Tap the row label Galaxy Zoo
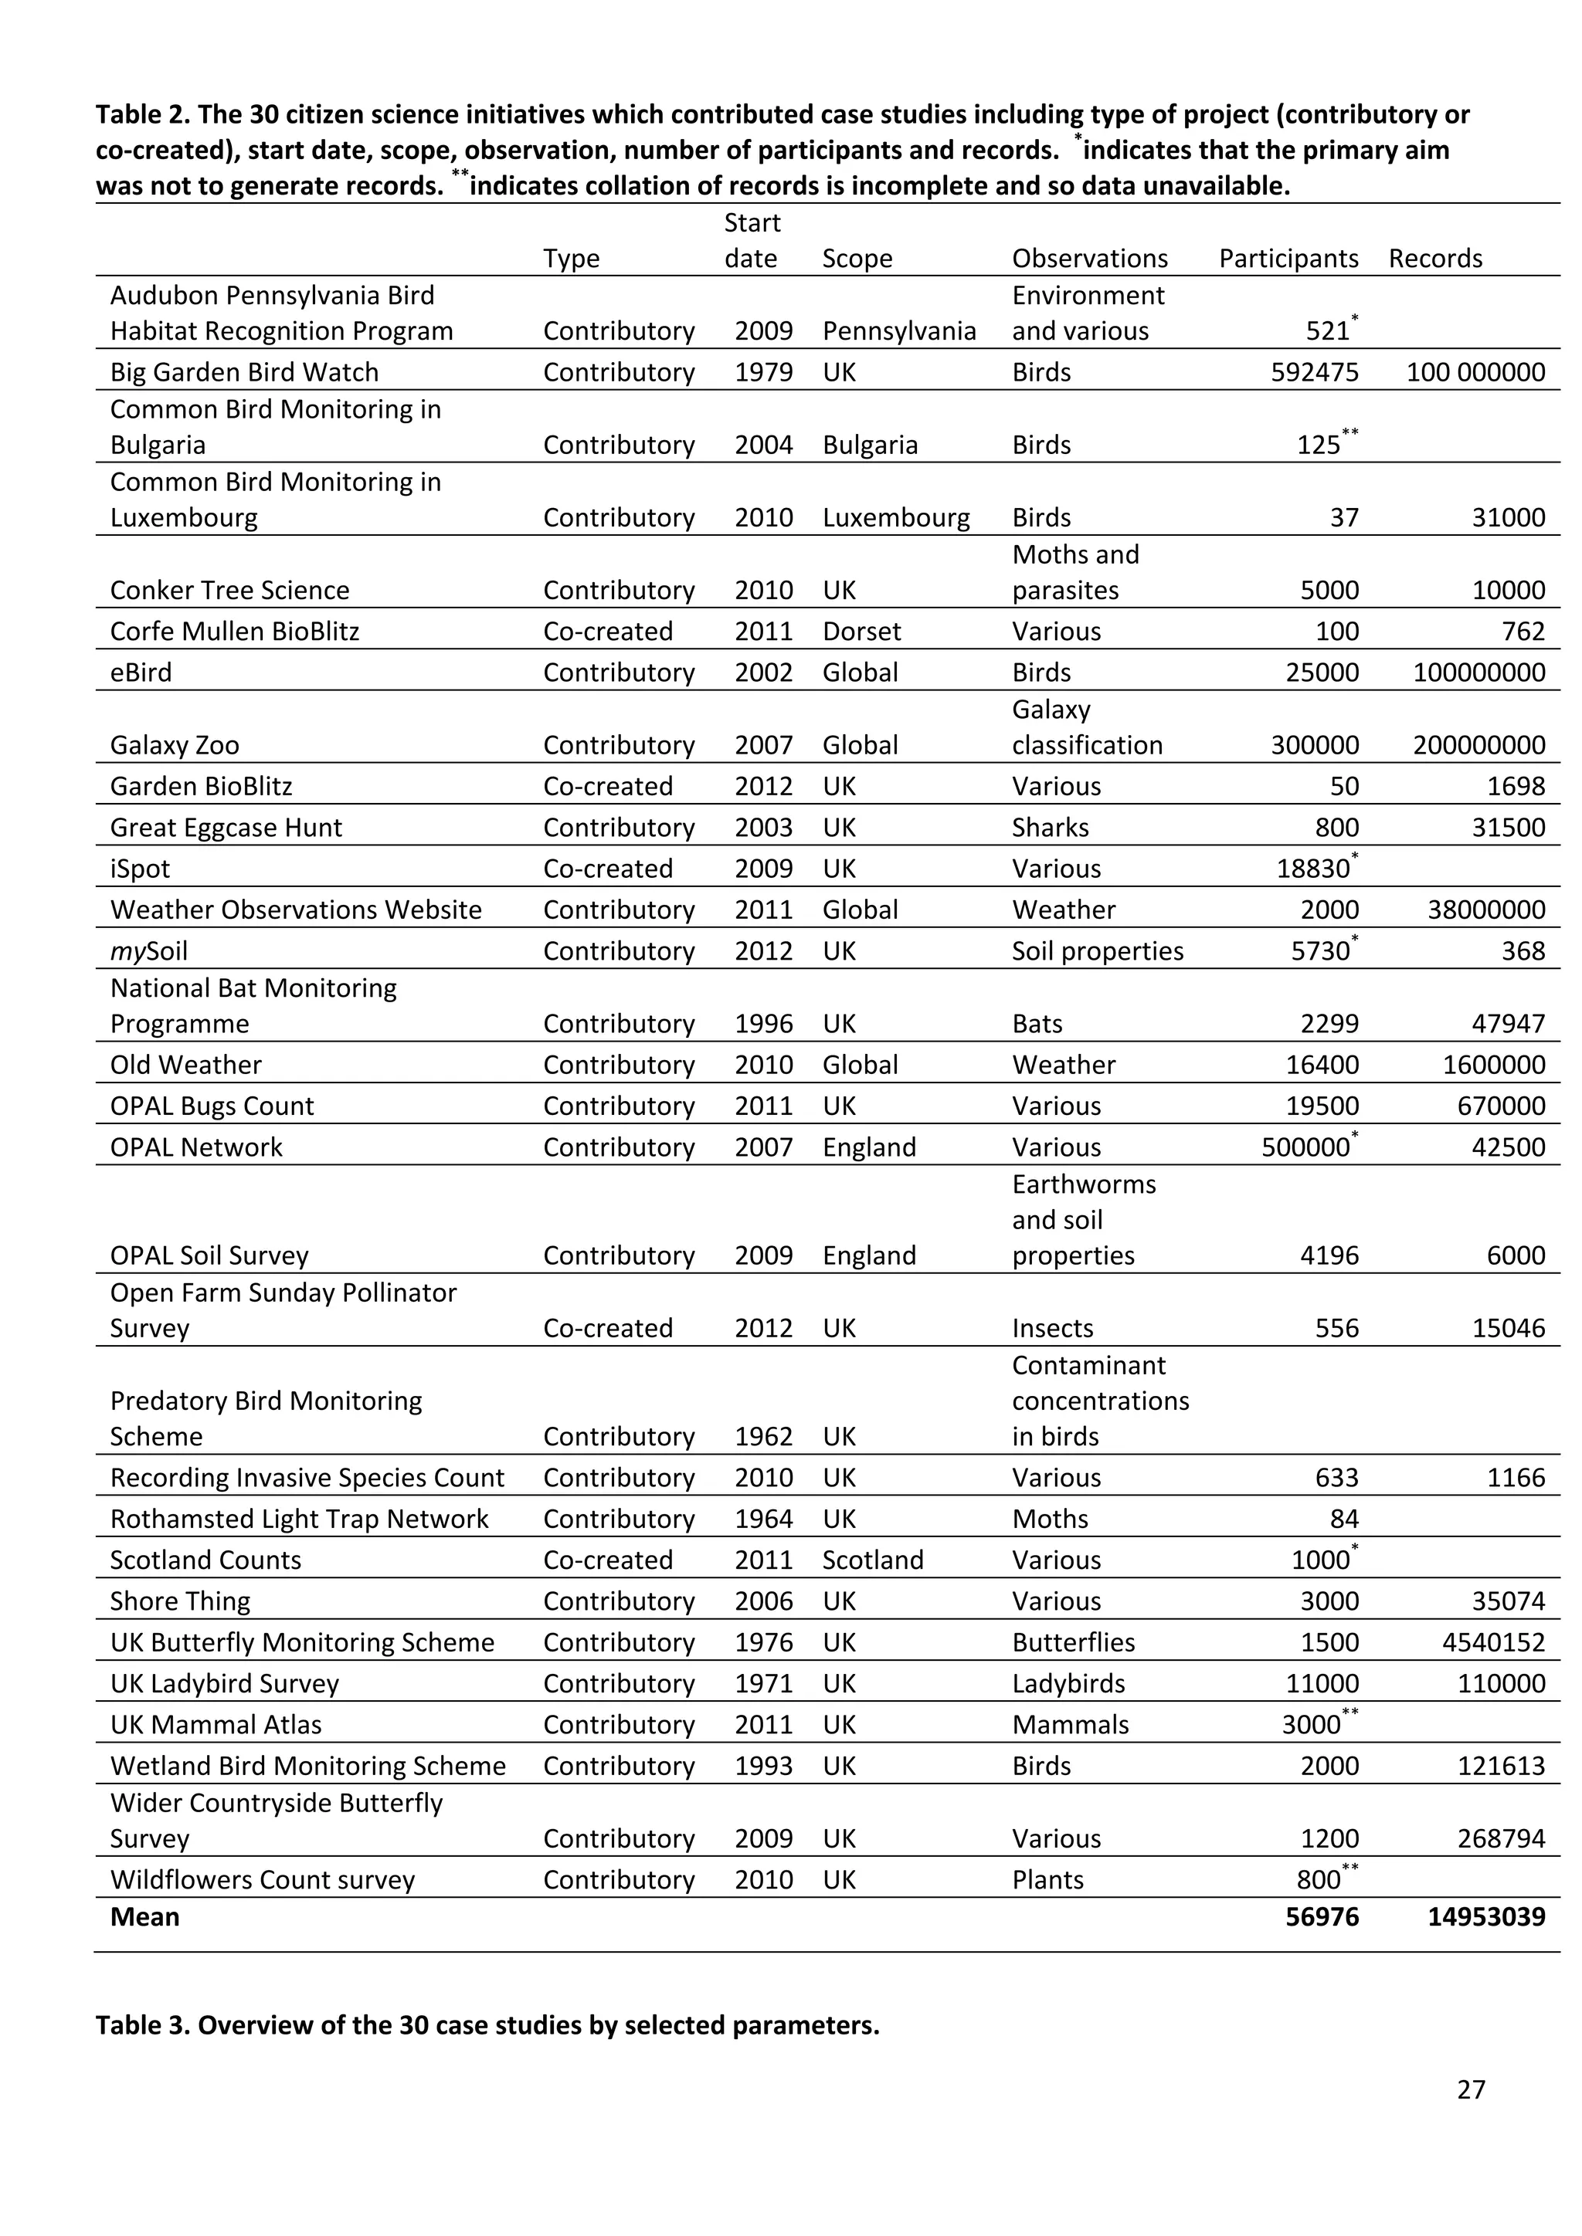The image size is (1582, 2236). click(x=175, y=745)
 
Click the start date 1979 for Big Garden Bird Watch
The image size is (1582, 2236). click(x=764, y=372)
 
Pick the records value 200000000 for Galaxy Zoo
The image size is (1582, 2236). click(x=1478, y=745)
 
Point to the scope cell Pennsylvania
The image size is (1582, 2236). click(x=898, y=331)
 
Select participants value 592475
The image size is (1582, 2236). click(x=1314, y=372)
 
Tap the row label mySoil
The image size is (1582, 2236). click(x=149, y=950)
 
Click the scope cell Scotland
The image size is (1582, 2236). click(x=872, y=1560)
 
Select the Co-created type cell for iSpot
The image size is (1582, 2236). click(x=608, y=869)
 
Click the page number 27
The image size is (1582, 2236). click(x=1470, y=2089)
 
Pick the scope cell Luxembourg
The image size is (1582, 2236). click(x=895, y=517)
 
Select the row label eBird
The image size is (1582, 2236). click(x=141, y=673)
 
